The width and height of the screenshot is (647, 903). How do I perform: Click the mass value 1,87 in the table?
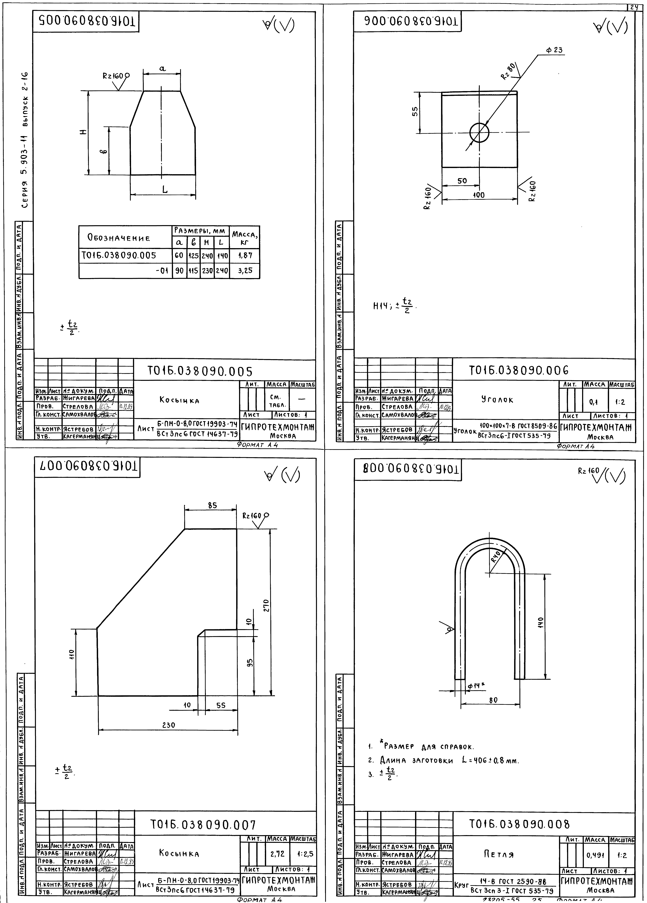point(244,255)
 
